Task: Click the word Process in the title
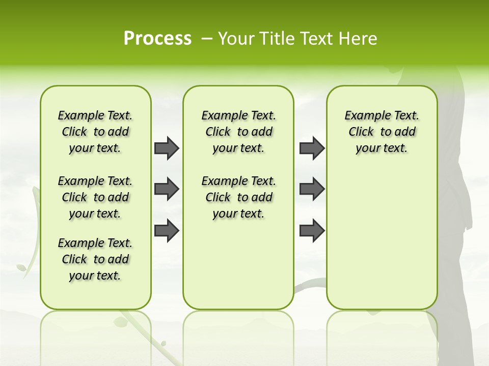click(157, 39)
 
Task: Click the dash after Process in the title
click(207, 39)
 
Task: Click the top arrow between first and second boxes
click(167, 148)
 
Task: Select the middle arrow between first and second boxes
click(167, 189)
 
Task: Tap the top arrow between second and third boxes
click(312, 148)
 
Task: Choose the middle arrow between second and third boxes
click(312, 189)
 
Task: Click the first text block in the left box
click(95, 132)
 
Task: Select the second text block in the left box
click(95, 197)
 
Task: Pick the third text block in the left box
click(95, 259)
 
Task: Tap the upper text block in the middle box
click(238, 132)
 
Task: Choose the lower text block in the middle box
click(238, 197)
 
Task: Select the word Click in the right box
click(361, 132)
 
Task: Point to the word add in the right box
click(405, 132)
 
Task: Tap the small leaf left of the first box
click(22, 267)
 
